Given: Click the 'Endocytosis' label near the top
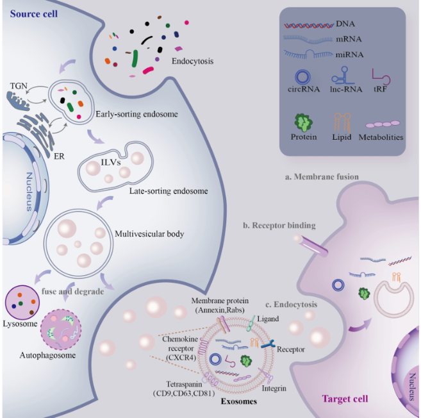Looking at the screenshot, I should [192, 62].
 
